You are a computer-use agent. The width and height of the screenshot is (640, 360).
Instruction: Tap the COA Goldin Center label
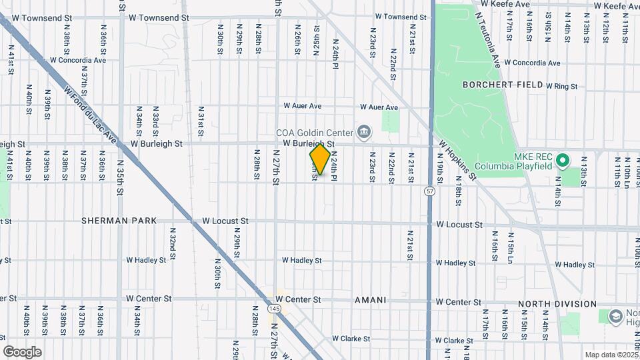click(x=314, y=131)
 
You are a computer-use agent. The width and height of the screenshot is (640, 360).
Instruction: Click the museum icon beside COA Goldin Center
click(x=363, y=131)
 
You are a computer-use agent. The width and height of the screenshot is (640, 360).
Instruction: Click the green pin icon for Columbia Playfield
click(x=562, y=160)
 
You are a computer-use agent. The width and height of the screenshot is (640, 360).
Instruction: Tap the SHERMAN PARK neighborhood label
click(x=119, y=220)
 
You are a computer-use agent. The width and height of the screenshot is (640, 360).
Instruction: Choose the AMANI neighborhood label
click(x=370, y=300)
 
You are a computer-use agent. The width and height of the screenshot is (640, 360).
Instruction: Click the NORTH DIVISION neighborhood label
click(x=557, y=304)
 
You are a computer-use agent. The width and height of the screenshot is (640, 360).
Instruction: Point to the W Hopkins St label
click(x=458, y=160)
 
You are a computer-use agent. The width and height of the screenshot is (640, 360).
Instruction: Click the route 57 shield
click(x=431, y=191)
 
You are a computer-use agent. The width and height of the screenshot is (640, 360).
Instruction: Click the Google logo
click(x=22, y=351)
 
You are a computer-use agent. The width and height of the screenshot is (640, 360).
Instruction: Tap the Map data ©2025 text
click(x=611, y=355)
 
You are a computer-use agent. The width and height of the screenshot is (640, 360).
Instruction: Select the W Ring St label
click(x=561, y=86)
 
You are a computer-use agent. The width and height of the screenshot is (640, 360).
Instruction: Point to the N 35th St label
click(x=121, y=177)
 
